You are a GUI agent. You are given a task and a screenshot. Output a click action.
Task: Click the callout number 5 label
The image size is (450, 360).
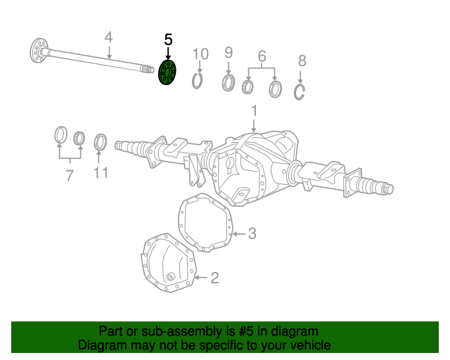tap(168, 40)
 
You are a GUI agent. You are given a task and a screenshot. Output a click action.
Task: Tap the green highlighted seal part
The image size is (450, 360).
tap(168, 73)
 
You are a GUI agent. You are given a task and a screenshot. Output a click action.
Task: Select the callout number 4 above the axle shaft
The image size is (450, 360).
tap(109, 37)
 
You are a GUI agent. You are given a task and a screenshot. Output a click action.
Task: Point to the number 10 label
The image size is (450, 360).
tap(200, 54)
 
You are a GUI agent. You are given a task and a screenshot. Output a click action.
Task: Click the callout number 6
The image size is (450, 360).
tap(262, 56)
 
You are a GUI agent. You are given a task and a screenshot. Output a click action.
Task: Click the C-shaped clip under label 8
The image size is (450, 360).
tap(300, 91)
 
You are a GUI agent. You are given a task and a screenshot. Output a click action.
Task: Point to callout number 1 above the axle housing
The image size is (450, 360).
tap(254, 111)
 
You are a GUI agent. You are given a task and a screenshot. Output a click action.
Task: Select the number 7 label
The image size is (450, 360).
tap(69, 176)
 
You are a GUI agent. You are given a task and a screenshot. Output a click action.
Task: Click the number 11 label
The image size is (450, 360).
tap(101, 172)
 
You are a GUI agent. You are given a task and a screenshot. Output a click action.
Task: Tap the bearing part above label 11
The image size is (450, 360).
tap(101, 141)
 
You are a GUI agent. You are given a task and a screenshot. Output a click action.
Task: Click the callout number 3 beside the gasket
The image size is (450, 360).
tap(252, 234)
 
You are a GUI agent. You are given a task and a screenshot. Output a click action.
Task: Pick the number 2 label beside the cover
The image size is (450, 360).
tap(214, 278)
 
